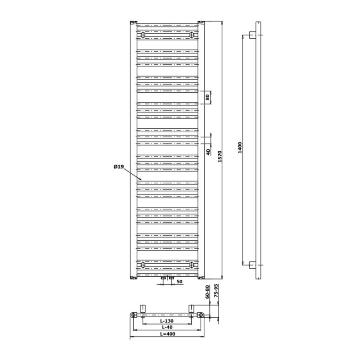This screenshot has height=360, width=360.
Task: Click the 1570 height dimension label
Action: click(x=220, y=157)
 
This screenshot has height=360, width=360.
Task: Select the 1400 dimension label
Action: click(x=240, y=148)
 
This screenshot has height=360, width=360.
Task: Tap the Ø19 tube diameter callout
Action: click(x=118, y=167)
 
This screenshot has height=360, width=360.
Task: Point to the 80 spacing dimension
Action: click(x=207, y=97)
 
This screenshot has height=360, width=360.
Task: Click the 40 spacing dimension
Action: click(x=208, y=152)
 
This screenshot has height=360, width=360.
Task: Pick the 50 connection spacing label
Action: click(x=179, y=282)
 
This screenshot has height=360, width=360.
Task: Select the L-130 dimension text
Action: click(x=167, y=321)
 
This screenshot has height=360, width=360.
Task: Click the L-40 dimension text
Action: click(x=167, y=327)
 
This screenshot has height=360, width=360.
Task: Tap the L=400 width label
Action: click(x=167, y=334)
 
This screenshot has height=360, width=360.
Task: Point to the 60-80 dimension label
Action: click(x=207, y=292)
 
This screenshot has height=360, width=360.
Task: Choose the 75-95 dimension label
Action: click(x=216, y=291)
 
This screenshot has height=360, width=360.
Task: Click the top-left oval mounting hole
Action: click(x=143, y=35)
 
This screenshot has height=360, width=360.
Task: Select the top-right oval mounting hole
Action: click(x=192, y=35)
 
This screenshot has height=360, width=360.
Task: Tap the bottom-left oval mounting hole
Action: click(x=143, y=265)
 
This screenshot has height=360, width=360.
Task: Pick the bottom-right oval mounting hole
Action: click(x=192, y=265)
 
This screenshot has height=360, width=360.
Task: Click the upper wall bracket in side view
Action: click(x=253, y=35)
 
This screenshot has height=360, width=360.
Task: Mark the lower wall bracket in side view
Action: click(x=253, y=265)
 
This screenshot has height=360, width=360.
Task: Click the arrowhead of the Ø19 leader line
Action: click(x=140, y=179)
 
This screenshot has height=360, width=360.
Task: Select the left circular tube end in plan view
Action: click(x=133, y=315)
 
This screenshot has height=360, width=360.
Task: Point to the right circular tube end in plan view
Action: click(x=201, y=315)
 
